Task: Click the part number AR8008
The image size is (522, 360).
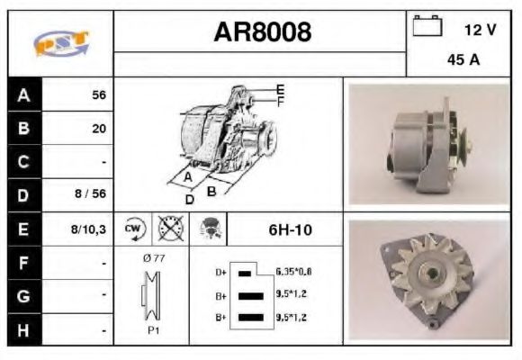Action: click(262, 32)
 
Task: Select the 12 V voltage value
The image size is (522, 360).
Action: click(480, 30)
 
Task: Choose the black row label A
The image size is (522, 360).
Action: click(24, 94)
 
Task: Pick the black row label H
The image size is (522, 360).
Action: click(24, 329)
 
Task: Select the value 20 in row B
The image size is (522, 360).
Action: click(99, 129)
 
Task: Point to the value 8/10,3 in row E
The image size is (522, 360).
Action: click(89, 229)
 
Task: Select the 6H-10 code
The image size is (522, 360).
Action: click(290, 229)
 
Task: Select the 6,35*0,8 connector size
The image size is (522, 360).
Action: click(294, 271)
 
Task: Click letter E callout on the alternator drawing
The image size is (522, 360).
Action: click(281, 89)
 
